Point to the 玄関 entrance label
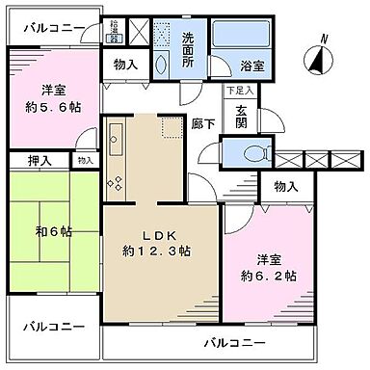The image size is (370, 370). click(x=237, y=114)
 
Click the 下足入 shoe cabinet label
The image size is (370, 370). click(x=236, y=91)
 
